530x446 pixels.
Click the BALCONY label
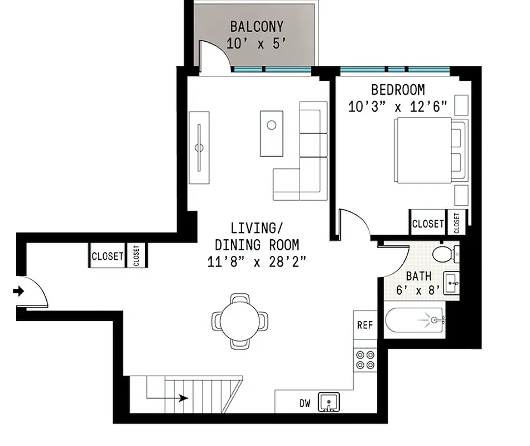[257, 27]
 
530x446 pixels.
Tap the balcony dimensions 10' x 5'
[257, 43]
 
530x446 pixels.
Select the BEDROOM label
[398, 90]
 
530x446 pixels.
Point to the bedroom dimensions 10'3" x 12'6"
[398, 107]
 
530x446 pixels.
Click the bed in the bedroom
[427, 151]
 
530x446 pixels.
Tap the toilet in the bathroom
[445, 254]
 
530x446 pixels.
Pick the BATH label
[418, 276]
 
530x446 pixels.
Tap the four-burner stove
[365, 360]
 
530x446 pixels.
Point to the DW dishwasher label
[305, 402]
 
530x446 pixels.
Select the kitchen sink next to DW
[329, 401]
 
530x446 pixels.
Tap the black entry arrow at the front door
[20, 290]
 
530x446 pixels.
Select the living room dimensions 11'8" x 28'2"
[257, 261]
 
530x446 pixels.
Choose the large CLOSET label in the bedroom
[427, 224]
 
